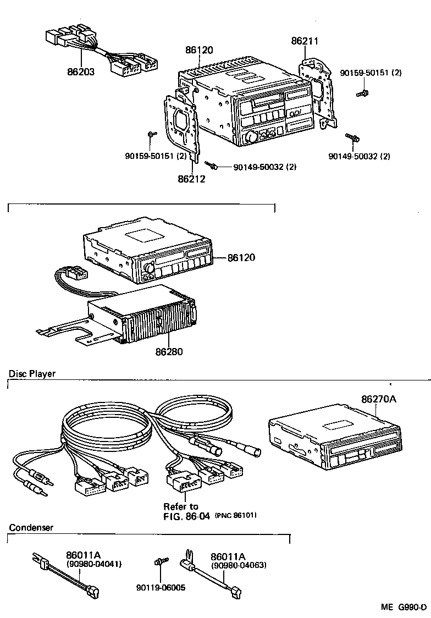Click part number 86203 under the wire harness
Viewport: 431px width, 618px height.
pos(80,71)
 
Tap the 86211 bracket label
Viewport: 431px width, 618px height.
pos(305,41)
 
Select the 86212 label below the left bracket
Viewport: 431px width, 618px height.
pos(191,179)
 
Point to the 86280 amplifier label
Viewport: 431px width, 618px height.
pos(169,351)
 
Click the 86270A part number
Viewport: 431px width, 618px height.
pos(378,399)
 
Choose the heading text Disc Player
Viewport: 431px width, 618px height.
pos(32,374)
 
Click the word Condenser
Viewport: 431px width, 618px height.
pos(31,528)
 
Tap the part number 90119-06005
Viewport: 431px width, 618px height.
pos(161,588)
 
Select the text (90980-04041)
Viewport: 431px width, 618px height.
pos(93,564)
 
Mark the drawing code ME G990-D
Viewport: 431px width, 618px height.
pos(404,607)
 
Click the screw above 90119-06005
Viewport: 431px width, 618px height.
pos(160,562)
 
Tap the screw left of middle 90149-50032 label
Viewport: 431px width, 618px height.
pos(212,164)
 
